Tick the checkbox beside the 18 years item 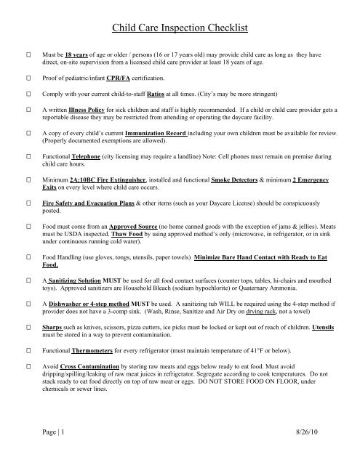(x=28, y=54)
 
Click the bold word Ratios (x=180, y=94)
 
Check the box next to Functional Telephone (x=28, y=156)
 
